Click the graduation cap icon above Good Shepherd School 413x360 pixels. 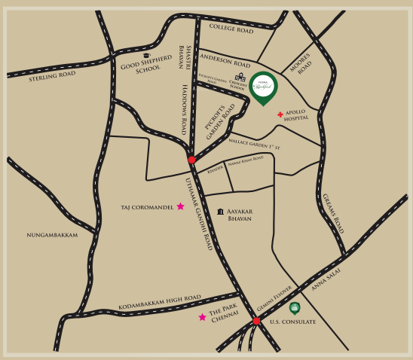146,56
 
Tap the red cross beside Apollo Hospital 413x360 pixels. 280,115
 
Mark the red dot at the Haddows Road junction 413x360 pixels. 191,160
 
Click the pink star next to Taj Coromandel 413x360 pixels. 180,206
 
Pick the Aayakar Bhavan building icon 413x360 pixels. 220,213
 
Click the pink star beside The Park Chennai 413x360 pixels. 202,317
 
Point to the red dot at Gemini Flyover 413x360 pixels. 256,321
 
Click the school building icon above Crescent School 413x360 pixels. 241,78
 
